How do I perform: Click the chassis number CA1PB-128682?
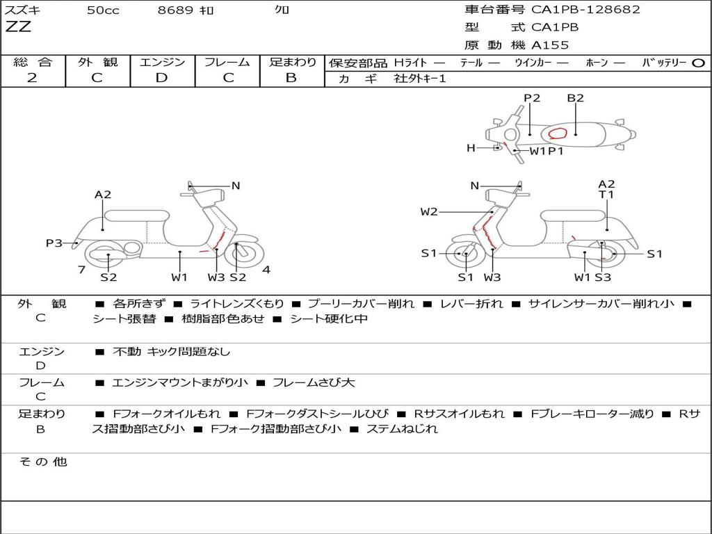click(x=585, y=10)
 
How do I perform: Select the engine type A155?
click(x=550, y=45)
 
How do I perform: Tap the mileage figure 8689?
click(x=175, y=10)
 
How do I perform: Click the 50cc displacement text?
click(x=103, y=10)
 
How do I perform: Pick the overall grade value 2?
click(x=32, y=78)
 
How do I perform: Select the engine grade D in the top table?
click(x=161, y=78)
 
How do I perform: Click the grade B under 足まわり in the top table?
click(x=291, y=78)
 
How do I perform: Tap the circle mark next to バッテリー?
click(x=698, y=63)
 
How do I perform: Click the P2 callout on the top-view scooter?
click(x=532, y=98)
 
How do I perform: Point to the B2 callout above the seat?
click(x=575, y=98)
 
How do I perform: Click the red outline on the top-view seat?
click(x=558, y=133)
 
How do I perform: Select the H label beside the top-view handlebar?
click(x=471, y=148)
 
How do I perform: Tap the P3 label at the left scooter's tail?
click(x=54, y=243)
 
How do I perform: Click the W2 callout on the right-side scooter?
click(x=428, y=211)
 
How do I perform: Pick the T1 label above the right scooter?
click(x=606, y=195)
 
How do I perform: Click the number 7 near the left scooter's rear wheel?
click(x=82, y=270)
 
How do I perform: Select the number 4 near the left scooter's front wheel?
click(x=266, y=270)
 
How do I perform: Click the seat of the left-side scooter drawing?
click(x=137, y=216)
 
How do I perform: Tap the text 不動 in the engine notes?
click(x=127, y=352)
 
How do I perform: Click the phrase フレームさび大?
click(x=314, y=383)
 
